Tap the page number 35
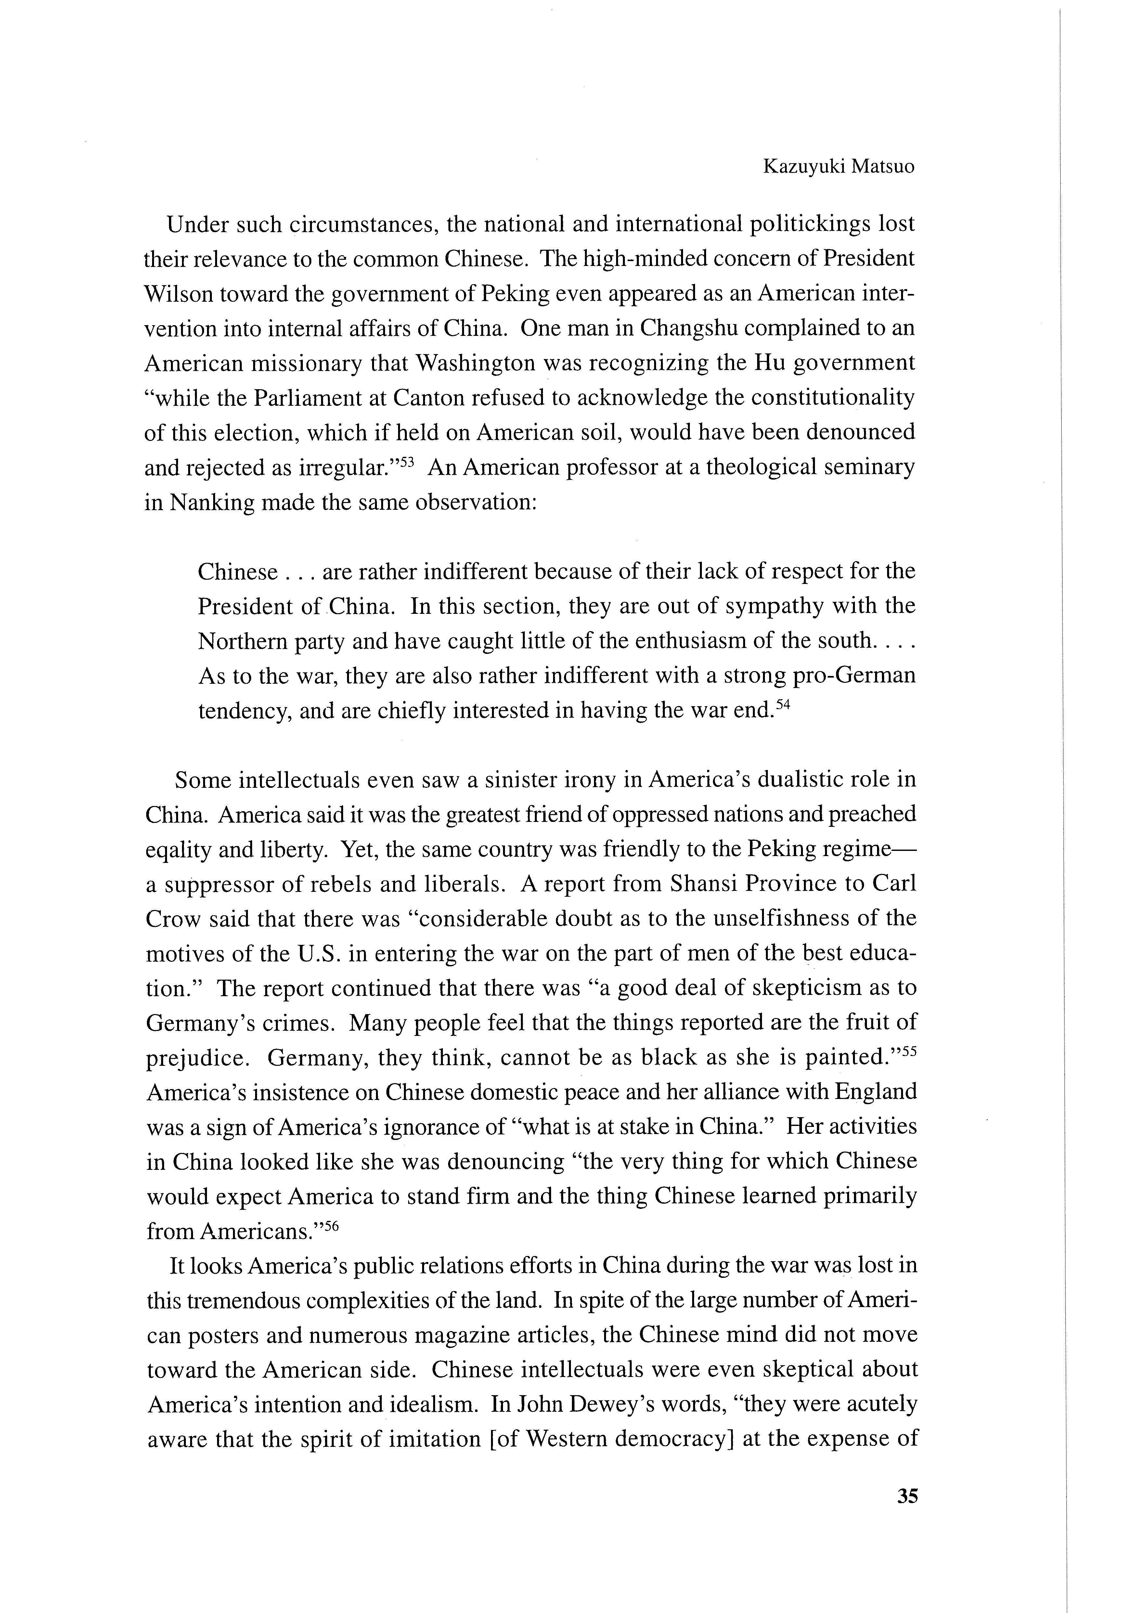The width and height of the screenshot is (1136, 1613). [x=907, y=1496]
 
